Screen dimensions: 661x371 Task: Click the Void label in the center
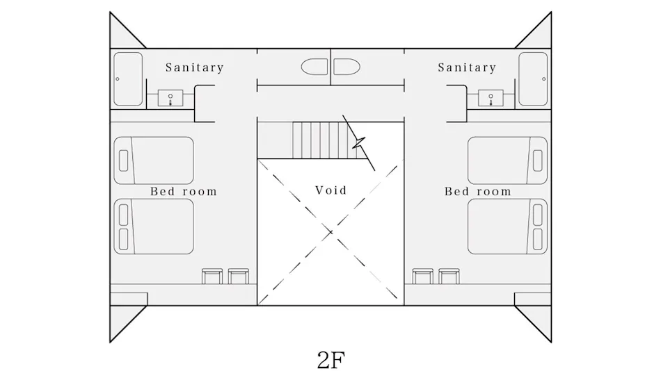click(331, 190)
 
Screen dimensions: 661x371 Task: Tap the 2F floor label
click(331, 360)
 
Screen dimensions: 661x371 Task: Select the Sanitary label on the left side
click(194, 67)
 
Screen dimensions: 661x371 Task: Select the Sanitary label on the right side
click(467, 67)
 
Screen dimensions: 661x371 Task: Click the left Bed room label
click(184, 192)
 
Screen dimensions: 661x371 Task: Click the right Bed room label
click(477, 192)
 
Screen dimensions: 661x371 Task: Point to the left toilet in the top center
click(314, 67)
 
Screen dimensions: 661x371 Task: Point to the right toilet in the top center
click(347, 67)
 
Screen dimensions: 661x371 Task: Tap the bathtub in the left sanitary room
click(128, 79)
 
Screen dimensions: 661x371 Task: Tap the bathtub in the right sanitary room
click(533, 79)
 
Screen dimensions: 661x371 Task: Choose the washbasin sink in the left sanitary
click(170, 98)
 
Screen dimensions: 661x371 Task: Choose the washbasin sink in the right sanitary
click(491, 98)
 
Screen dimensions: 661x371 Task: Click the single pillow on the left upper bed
click(124, 160)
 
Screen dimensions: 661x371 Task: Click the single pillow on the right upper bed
click(537, 160)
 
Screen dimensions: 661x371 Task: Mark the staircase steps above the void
click(325, 140)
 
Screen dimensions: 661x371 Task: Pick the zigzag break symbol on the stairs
click(359, 142)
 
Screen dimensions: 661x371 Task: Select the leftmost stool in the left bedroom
click(212, 277)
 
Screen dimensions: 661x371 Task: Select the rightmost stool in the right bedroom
click(449, 277)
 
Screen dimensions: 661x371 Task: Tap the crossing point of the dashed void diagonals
click(330, 232)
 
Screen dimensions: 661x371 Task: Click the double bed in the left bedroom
click(154, 226)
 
